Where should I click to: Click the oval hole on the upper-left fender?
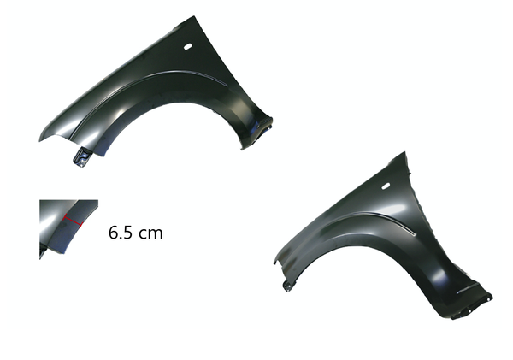click(188, 47)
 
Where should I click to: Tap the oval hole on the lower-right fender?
click(386, 186)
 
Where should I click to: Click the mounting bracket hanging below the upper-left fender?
click(81, 157)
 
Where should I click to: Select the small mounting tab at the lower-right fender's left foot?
click(287, 286)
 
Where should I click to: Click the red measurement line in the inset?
click(73, 221)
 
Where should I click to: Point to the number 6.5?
click(121, 233)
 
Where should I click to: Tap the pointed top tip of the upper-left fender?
click(194, 16)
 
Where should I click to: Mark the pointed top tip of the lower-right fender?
click(404, 152)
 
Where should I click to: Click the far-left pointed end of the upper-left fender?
click(39, 141)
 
